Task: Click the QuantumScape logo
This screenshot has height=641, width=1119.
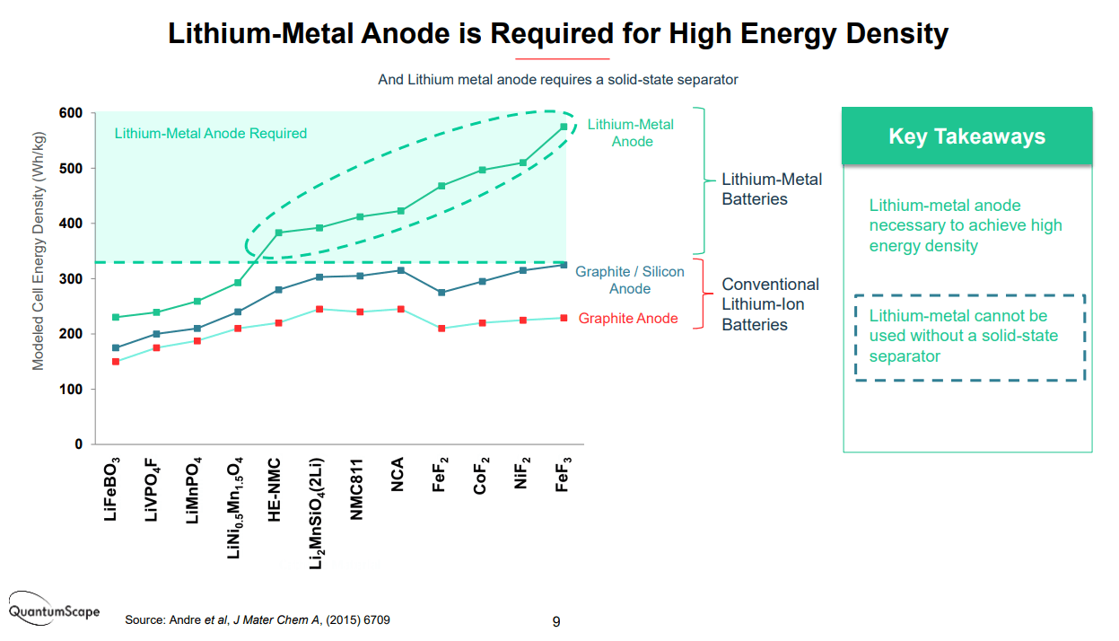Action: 55,606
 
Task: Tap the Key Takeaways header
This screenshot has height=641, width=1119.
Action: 966,136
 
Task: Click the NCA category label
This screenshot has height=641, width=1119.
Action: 398,475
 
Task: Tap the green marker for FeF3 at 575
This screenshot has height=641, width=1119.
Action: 564,127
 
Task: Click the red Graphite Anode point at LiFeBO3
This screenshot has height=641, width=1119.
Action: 116,362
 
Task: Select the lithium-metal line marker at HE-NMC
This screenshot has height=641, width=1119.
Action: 278,233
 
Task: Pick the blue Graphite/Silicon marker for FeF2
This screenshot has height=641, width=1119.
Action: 441,293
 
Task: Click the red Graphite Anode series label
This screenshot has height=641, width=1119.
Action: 628,319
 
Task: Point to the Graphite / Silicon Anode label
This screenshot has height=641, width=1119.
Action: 629,280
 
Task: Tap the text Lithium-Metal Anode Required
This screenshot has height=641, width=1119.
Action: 211,134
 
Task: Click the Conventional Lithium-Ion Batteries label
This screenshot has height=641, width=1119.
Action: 770,304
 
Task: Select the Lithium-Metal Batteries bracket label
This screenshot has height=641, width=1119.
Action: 772,189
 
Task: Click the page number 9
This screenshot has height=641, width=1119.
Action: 556,621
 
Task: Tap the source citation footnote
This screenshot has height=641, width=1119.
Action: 258,620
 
